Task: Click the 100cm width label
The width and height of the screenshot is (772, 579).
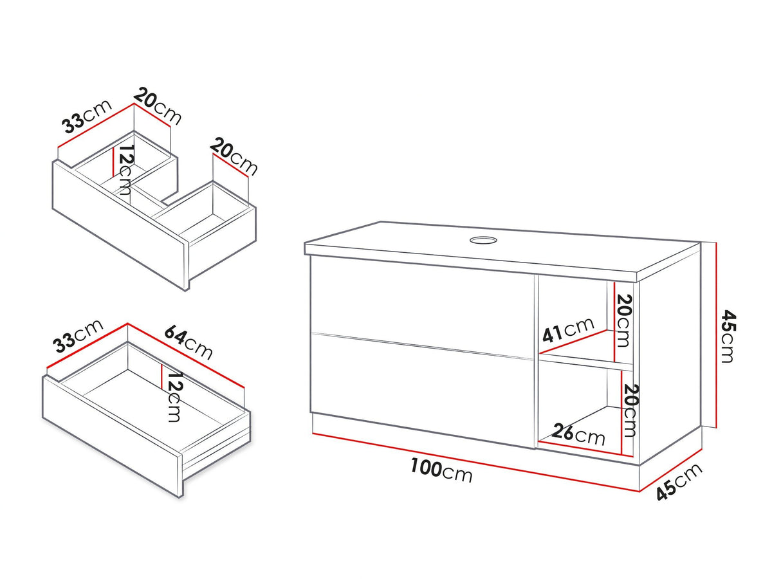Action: [x=441, y=470]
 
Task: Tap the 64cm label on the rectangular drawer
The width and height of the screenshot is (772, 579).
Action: [x=188, y=342]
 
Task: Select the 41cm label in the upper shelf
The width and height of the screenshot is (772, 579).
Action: [x=567, y=329]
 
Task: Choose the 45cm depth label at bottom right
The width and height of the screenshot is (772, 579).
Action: [x=679, y=481]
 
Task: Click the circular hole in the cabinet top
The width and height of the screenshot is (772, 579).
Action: [x=483, y=240]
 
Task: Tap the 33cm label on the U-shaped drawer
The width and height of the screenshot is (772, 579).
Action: [x=87, y=116]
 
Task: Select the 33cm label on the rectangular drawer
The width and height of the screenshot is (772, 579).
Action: [x=78, y=336]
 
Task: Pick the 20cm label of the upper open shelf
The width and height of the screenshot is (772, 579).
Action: [x=623, y=320]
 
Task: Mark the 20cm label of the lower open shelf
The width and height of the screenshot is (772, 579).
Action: [x=630, y=410]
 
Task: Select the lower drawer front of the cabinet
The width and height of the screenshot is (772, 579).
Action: [x=422, y=391]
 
